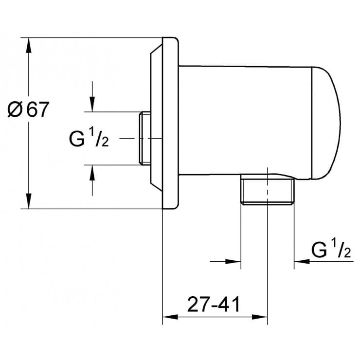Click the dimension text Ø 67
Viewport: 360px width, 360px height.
click(29, 109)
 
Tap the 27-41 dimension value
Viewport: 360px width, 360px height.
click(215, 305)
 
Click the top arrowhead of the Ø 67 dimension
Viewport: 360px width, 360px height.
click(29, 45)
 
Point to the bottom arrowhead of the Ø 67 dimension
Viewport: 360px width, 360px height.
click(29, 201)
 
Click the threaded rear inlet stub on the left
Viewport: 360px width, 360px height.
click(144, 138)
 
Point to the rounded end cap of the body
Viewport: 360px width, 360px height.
click(326, 122)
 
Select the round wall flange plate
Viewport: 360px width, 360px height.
click(171, 122)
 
